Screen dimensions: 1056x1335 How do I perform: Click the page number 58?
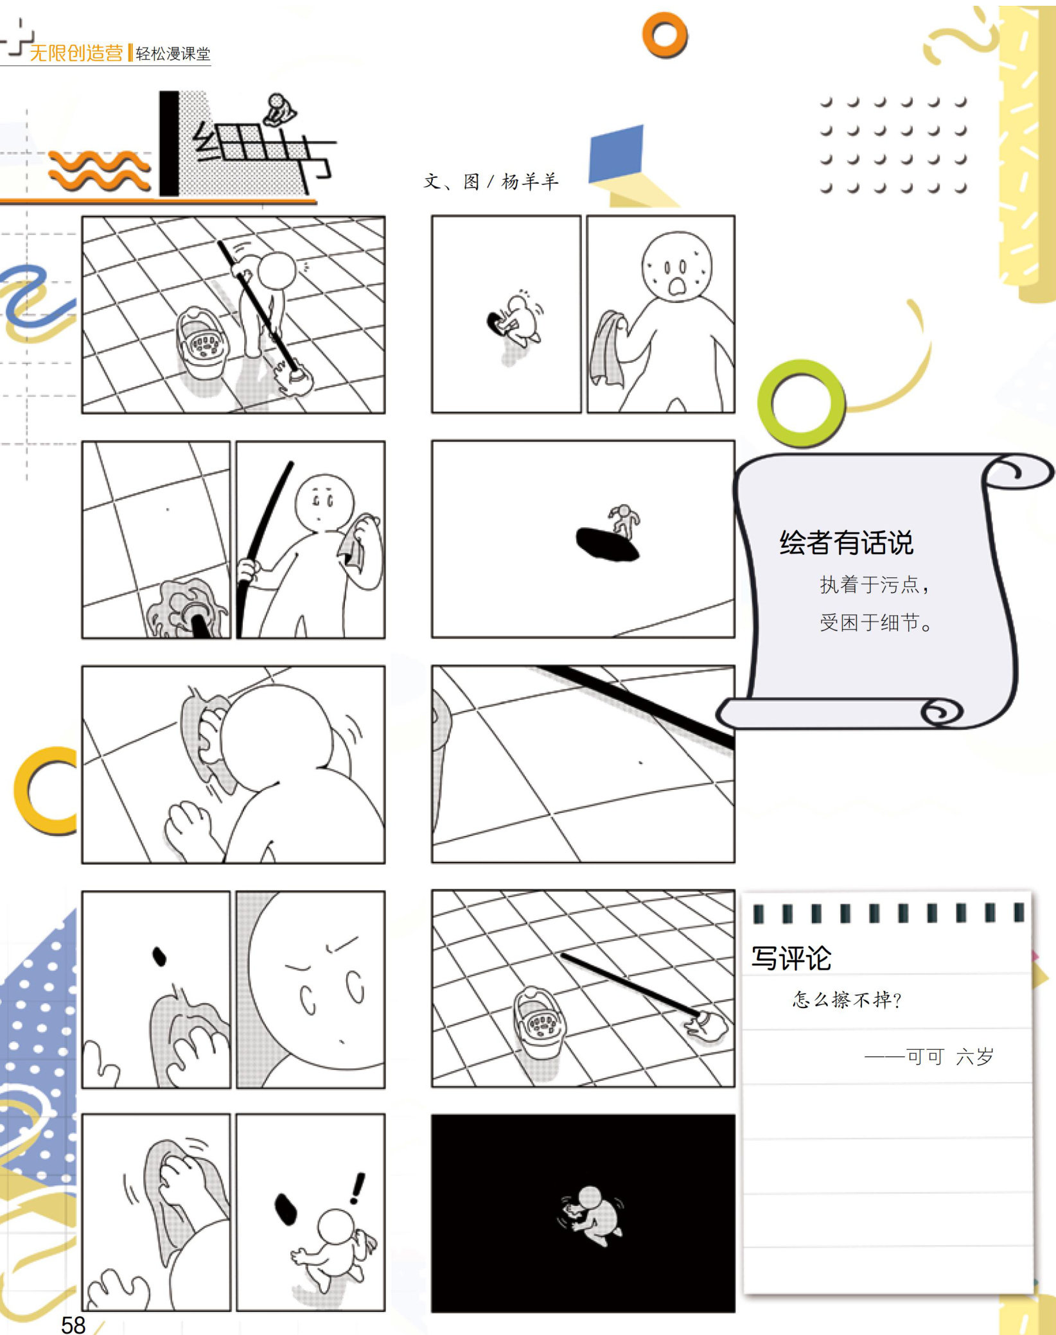point(73,1324)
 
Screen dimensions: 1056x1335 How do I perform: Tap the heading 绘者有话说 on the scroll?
point(846,543)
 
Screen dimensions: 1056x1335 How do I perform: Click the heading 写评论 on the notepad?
point(791,958)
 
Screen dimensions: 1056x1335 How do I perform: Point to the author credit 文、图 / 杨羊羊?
point(491,182)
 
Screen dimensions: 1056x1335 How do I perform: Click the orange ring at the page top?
point(665,35)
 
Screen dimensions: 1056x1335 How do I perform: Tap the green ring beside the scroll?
point(802,403)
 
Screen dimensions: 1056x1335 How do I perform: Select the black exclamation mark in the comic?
point(357,1188)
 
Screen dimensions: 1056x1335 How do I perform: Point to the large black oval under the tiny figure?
point(606,544)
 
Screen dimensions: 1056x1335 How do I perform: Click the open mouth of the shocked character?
point(677,286)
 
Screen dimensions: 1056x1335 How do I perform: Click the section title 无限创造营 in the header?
point(76,53)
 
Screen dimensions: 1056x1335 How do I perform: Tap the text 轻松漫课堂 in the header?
point(173,54)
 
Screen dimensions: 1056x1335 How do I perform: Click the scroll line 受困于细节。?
point(876,622)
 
